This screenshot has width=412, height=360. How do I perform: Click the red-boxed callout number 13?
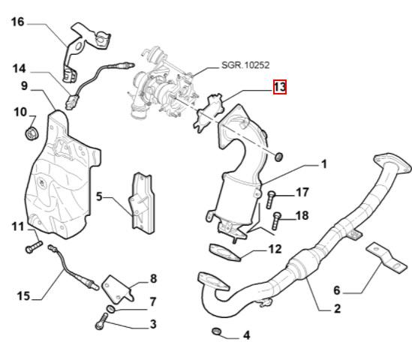[279, 88]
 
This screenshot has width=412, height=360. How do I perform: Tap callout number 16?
[17, 22]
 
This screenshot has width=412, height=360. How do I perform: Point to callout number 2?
[337, 308]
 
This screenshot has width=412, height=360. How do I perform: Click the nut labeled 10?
[32, 134]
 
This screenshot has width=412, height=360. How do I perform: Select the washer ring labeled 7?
[110, 309]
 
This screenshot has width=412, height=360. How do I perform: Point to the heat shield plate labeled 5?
[142, 201]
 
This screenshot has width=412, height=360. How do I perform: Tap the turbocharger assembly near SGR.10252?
[161, 88]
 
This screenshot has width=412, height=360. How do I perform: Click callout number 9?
[24, 86]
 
